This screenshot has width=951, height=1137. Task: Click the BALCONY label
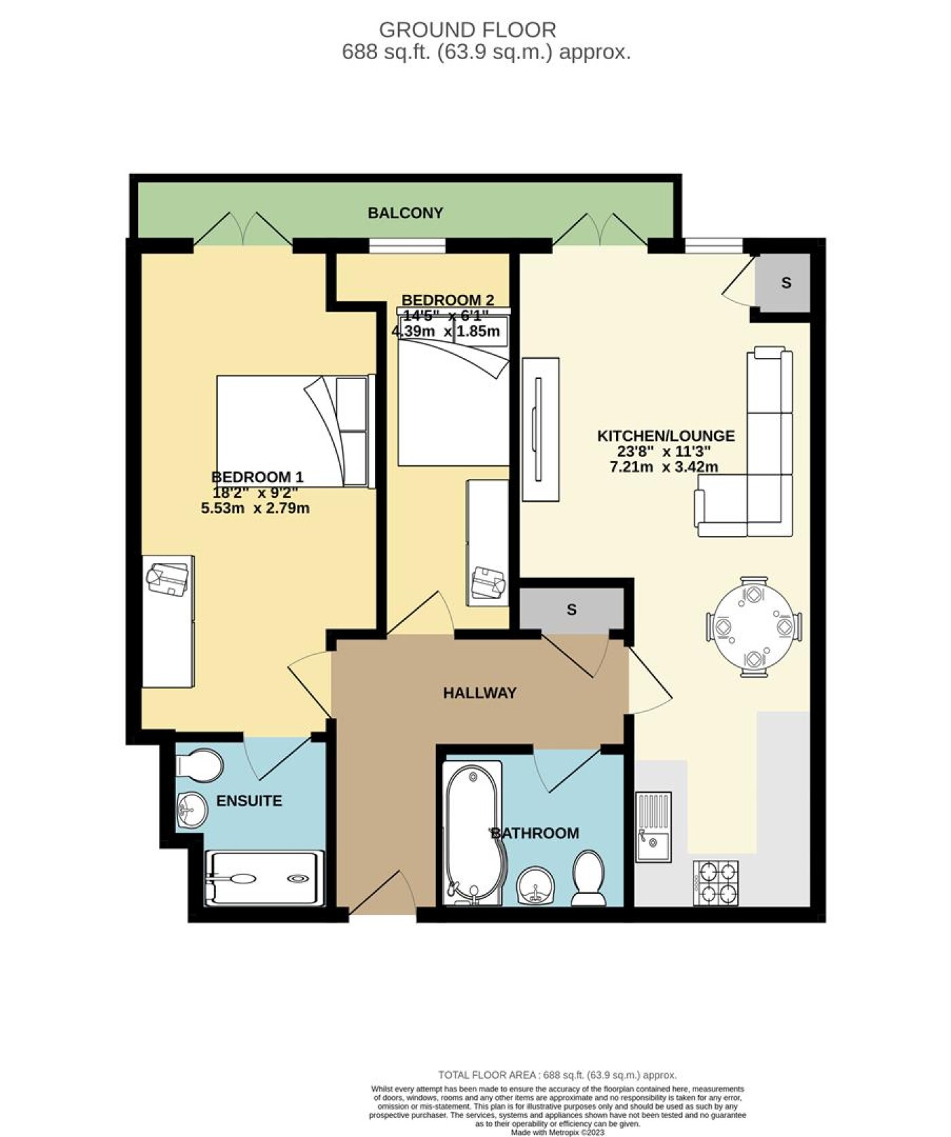point(405,213)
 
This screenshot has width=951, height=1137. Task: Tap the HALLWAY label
point(480,693)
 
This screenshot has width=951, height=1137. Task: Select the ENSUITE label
point(249,801)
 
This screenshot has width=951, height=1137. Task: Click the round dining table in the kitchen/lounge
point(754,627)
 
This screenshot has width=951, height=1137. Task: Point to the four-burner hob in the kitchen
point(716,882)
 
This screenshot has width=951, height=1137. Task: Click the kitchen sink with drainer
point(653,827)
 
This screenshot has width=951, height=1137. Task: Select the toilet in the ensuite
point(199,766)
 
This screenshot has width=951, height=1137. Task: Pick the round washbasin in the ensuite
point(192,810)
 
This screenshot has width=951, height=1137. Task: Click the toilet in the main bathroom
point(588,879)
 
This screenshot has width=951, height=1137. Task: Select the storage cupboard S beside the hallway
point(571,609)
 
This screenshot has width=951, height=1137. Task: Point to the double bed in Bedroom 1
point(295,431)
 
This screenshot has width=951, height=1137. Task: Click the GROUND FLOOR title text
point(467,30)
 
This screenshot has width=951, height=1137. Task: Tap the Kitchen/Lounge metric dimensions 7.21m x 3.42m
point(664,467)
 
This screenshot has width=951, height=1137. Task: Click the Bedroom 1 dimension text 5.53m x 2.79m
point(255,507)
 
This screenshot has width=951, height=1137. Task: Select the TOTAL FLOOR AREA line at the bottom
point(557,1075)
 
